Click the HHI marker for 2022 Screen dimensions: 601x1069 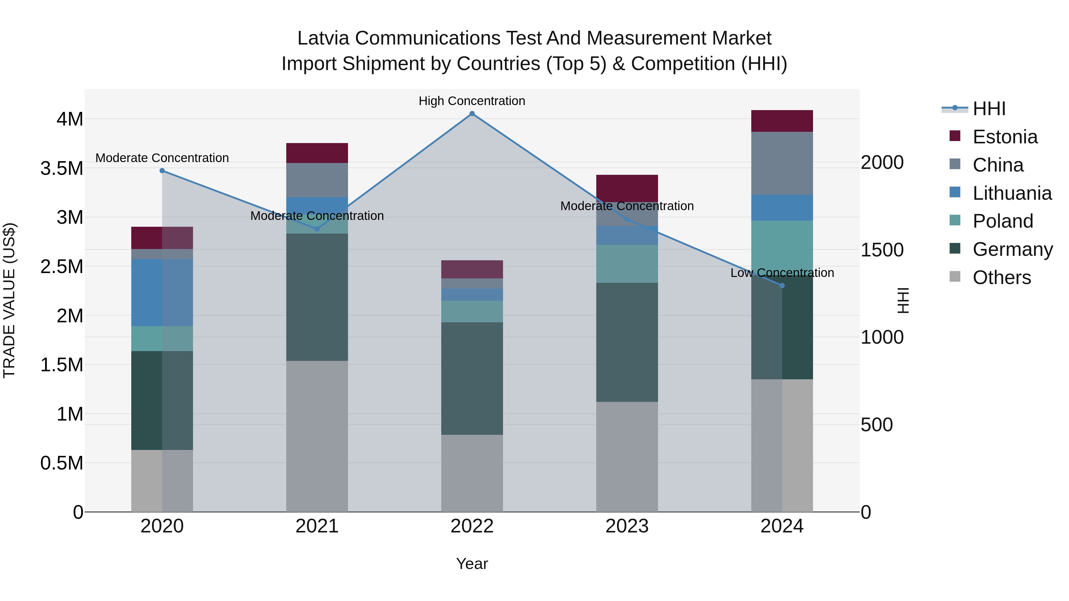[x=472, y=114]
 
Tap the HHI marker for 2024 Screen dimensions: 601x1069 [x=782, y=285]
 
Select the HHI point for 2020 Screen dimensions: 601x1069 [x=162, y=170]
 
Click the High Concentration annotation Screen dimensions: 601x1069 [x=472, y=101]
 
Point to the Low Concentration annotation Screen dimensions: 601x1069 [x=782, y=273]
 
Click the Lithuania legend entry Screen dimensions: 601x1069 [x=1012, y=193]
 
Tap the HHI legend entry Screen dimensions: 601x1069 [x=989, y=109]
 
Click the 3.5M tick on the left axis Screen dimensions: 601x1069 [x=61, y=168]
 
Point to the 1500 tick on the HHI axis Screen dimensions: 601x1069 [x=882, y=250]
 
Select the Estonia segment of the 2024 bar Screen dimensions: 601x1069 [x=782, y=121]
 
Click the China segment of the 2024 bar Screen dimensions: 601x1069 [x=782, y=163]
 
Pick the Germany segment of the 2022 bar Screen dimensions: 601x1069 [x=472, y=378]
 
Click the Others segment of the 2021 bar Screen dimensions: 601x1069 [x=317, y=436]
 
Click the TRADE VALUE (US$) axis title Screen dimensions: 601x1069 [x=9, y=300]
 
